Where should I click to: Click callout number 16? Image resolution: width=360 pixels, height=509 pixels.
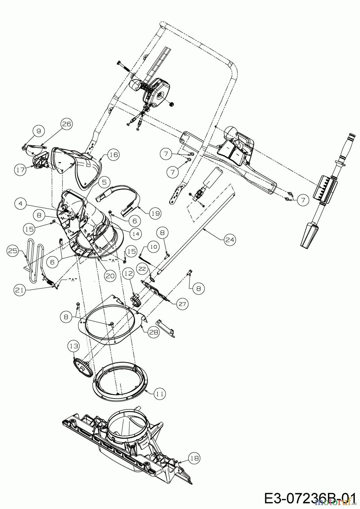pyautogui.click(x=113, y=155)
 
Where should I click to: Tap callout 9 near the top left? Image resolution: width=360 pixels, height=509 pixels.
pyautogui.click(x=39, y=131)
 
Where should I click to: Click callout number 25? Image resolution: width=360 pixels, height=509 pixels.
pyautogui.click(x=13, y=251)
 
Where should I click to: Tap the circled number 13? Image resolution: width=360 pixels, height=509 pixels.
pyautogui.click(x=74, y=346)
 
